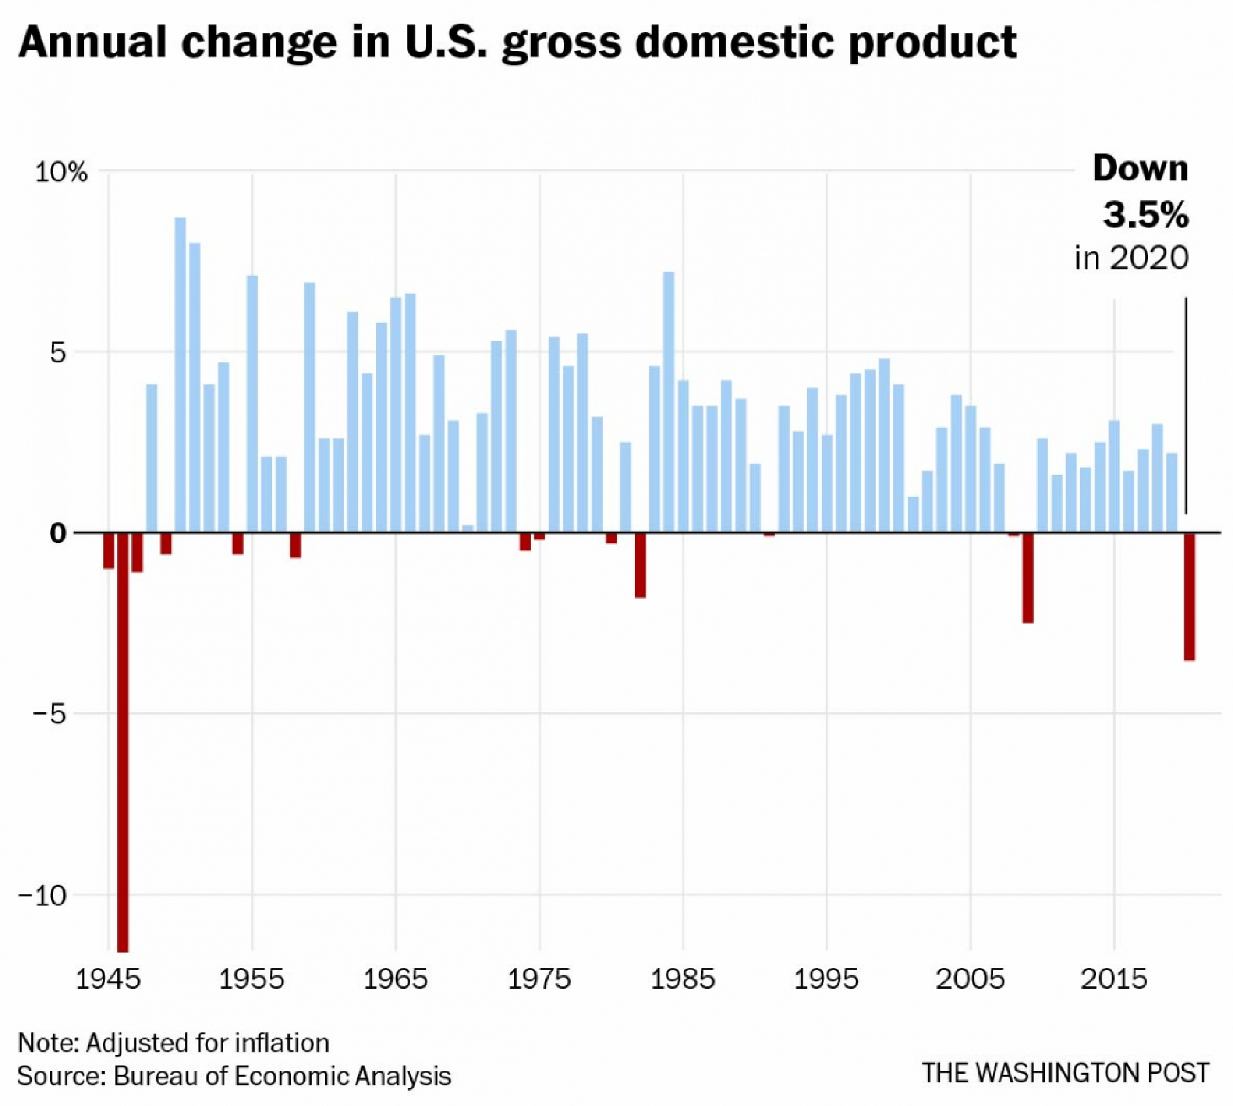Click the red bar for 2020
point(1189,596)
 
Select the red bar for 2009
point(1028,577)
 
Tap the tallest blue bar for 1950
point(180,374)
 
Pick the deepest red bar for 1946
point(123,740)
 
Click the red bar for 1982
point(640,565)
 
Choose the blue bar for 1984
point(669,401)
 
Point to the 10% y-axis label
point(61,172)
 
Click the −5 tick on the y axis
point(49,714)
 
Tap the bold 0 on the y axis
point(57,533)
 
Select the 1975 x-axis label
point(539,979)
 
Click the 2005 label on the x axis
point(970,979)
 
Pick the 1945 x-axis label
point(109,979)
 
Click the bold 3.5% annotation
point(1145,215)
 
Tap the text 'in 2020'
point(1131,258)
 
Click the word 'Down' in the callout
point(1141,168)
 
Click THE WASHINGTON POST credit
point(1065,1073)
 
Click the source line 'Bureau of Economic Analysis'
point(282,1076)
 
